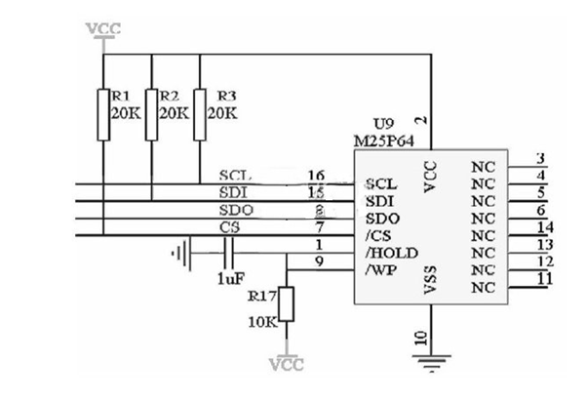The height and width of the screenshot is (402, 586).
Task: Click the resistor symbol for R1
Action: coord(104,113)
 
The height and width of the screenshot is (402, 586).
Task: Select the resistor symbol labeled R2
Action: coord(151,113)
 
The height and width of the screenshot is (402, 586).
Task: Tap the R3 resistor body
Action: coord(199,113)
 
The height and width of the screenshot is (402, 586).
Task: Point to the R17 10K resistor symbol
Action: coord(286,305)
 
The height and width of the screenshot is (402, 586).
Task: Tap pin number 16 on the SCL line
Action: coord(315,175)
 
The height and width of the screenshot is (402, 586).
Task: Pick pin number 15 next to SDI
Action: coord(315,192)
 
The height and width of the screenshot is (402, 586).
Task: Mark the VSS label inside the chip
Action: coord(432,284)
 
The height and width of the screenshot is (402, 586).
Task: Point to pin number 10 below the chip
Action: coord(420,339)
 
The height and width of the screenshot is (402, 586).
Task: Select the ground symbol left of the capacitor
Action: coord(179,256)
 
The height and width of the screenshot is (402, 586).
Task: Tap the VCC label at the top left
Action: coord(103,28)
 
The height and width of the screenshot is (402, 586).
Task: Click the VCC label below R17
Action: coord(286,366)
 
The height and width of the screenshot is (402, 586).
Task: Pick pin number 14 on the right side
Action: coord(544,226)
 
